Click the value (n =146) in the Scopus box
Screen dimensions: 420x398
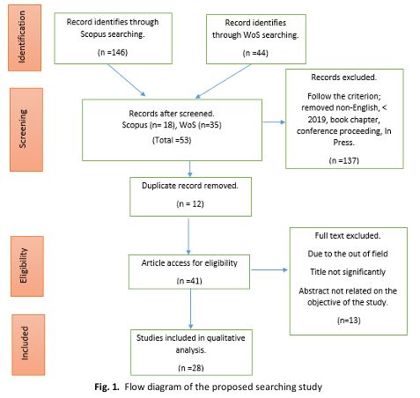[x=113, y=53]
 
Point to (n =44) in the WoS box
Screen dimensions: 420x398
[x=255, y=53]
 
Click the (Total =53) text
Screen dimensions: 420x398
[x=172, y=140]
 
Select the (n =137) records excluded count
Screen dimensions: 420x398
[x=344, y=160]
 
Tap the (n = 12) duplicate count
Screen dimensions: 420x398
[x=190, y=204]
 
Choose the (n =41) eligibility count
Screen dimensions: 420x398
[x=189, y=281]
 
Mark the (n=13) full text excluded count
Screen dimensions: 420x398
[x=349, y=321]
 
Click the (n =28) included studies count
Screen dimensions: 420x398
[x=191, y=368]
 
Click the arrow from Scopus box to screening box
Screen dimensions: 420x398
[x=127, y=80]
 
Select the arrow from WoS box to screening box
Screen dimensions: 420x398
[x=223, y=81]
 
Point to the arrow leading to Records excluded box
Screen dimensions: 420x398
[x=274, y=122]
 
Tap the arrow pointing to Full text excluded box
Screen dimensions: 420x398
[x=269, y=269]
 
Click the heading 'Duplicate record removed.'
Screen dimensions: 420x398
[x=190, y=186]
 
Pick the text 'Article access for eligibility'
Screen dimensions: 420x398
[x=189, y=263]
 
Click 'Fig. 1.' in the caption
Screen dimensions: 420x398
[x=107, y=387]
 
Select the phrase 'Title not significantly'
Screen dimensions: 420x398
[x=348, y=272]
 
